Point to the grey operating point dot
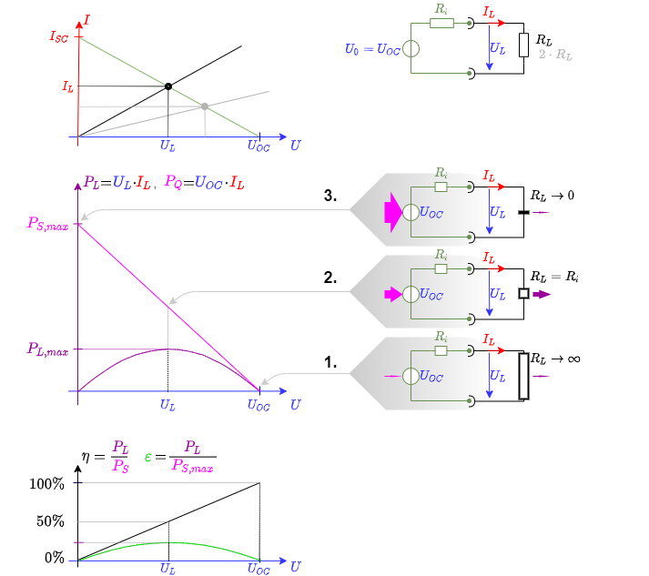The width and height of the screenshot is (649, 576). pyautogui.click(x=205, y=106)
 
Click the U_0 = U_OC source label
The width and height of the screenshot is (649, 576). pyautogui.click(x=371, y=49)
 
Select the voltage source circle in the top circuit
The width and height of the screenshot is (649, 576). pyautogui.click(x=411, y=49)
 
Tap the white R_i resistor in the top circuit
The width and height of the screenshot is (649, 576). pyautogui.click(x=441, y=23)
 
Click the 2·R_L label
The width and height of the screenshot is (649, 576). pyautogui.click(x=555, y=55)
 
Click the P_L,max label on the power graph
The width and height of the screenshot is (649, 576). pyautogui.click(x=47, y=349)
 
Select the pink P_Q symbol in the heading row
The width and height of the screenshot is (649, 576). pyautogui.click(x=173, y=182)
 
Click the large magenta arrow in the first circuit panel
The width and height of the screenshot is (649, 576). pyautogui.click(x=392, y=212)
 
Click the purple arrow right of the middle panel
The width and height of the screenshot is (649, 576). pyautogui.click(x=542, y=294)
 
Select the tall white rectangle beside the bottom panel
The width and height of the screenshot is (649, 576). pyautogui.click(x=523, y=376)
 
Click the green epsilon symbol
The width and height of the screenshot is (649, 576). pyautogui.click(x=147, y=456)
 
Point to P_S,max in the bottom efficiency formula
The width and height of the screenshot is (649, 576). pyautogui.click(x=192, y=466)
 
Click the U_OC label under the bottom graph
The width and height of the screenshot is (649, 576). pyautogui.click(x=259, y=569)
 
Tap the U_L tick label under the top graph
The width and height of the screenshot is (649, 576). pyautogui.click(x=167, y=145)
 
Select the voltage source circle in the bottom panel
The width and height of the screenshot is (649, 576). pyautogui.click(x=411, y=376)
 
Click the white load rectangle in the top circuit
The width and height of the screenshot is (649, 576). pyautogui.click(x=523, y=45)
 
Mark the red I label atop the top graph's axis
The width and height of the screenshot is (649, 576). pyautogui.click(x=86, y=17)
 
